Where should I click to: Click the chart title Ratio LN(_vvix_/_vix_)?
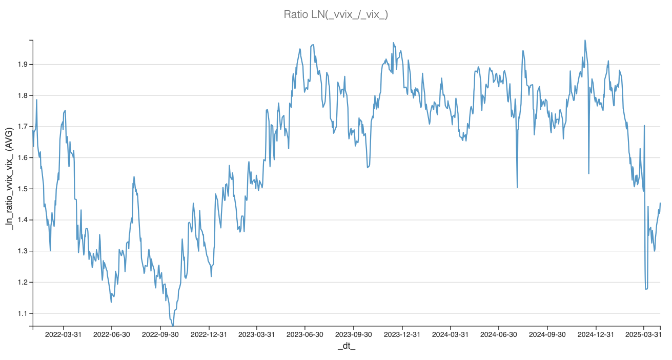tap(336, 14)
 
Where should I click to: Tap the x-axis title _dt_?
tap(346, 347)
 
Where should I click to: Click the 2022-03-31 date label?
tap(64, 334)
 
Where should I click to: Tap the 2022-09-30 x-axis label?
tap(160, 334)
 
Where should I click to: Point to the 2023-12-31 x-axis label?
tap(402, 334)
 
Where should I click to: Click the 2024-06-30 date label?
tap(499, 334)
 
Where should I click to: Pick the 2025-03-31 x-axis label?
tap(644, 334)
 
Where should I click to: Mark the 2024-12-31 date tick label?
tap(596, 334)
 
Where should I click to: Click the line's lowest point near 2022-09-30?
tap(173, 325)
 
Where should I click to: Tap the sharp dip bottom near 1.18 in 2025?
tap(646, 289)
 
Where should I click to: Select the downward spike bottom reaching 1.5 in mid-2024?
tap(517, 187)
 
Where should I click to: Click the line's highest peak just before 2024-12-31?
tap(585, 40)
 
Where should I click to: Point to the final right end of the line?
tap(660, 203)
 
